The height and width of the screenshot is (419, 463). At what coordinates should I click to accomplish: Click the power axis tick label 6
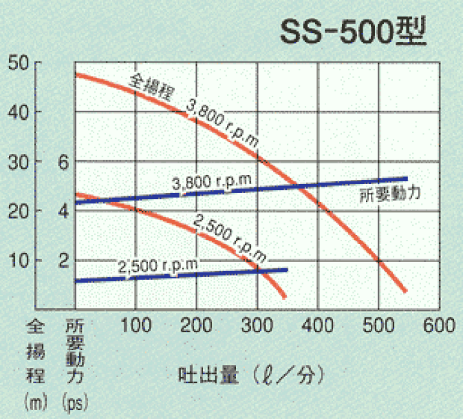(62, 162)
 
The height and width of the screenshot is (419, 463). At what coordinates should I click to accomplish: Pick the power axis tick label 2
(62, 261)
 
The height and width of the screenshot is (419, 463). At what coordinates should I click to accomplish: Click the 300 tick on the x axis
(257, 324)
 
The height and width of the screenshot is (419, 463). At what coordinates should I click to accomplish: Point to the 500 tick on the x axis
(379, 324)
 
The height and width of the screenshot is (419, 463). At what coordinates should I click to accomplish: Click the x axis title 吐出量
(204, 374)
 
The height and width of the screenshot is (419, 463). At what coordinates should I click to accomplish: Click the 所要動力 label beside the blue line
(390, 193)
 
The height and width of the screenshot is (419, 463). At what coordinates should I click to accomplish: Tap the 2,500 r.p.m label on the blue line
(158, 265)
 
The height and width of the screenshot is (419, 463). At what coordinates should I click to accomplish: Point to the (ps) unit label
(75, 403)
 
